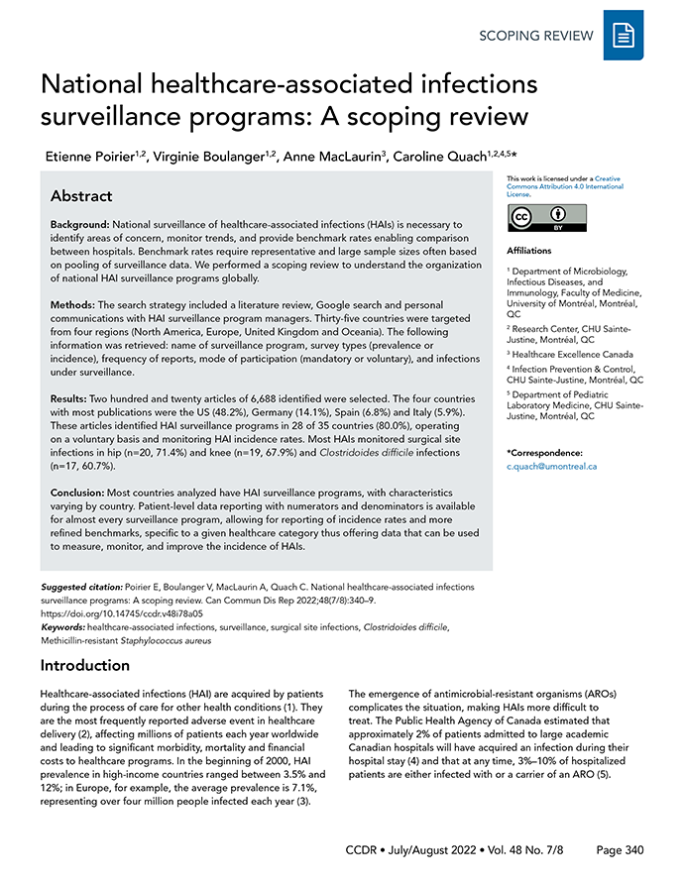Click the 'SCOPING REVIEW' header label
click(x=536, y=36)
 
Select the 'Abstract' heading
click(x=81, y=195)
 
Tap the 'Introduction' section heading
click(x=84, y=665)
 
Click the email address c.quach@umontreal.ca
click(x=551, y=466)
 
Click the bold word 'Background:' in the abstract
click(x=81, y=225)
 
